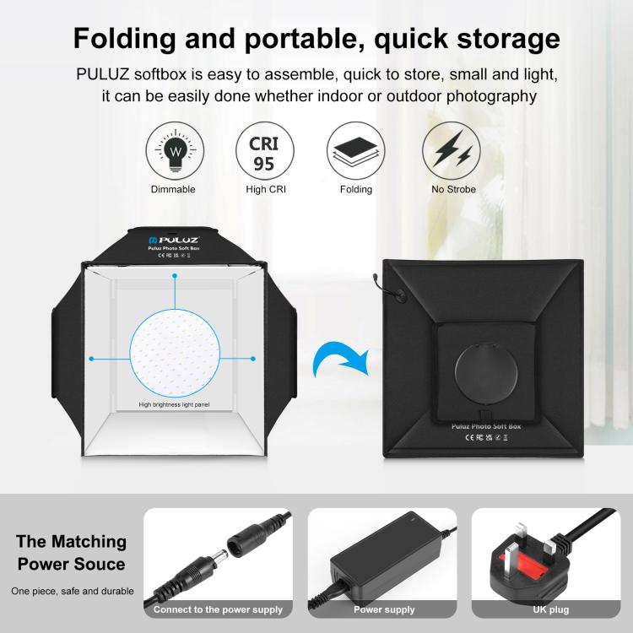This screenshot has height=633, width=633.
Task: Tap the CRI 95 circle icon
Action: (x=265, y=150)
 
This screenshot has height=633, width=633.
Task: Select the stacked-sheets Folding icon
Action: (x=355, y=150)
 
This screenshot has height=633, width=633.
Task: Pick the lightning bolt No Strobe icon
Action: (x=453, y=150)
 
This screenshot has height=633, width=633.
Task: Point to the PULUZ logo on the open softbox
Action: (x=177, y=240)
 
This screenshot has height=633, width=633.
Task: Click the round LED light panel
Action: (x=176, y=351)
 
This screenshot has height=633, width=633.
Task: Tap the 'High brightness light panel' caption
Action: (x=174, y=405)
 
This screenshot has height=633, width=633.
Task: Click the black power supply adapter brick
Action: (x=379, y=558)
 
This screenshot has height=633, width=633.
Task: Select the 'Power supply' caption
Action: (x=384, y=609)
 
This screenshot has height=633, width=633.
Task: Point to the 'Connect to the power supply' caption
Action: (x=218, y=609)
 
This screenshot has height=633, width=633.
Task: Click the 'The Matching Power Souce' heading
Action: (x=72, y=553)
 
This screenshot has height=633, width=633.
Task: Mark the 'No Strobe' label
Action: (x=453, y=189)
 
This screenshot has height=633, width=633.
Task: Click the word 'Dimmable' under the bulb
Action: (x=172, y=189)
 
